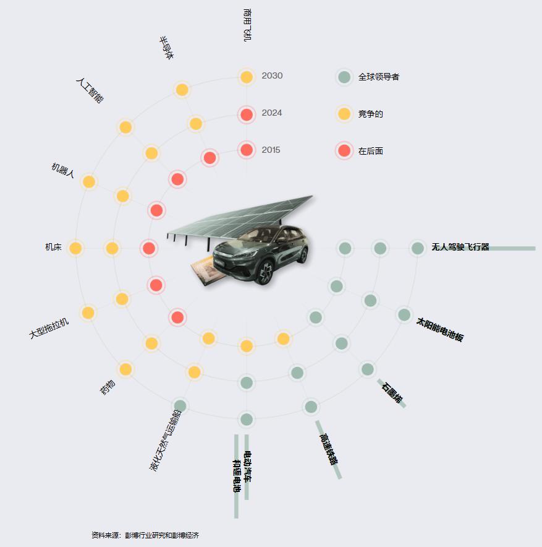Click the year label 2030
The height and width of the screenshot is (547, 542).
272,75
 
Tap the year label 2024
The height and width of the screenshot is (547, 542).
272,113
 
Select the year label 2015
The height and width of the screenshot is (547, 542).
271,150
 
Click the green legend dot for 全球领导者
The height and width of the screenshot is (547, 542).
344,77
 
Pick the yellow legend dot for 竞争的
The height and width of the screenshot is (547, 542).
344,114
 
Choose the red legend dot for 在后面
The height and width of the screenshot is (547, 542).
344,151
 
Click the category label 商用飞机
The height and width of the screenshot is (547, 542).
247,25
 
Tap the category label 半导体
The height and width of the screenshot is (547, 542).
166,48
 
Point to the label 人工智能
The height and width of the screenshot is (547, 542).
90,91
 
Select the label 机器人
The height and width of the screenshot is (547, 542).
62,170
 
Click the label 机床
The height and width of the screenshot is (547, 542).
53,247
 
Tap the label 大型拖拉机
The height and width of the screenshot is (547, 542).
49,329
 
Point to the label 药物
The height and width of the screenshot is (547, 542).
108,387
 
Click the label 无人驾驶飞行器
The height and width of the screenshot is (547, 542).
460,247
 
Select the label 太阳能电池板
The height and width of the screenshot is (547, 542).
439,330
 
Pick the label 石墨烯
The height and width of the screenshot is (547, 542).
392,393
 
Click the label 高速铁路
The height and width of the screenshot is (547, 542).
329,449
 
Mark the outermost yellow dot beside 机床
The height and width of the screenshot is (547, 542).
75,248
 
